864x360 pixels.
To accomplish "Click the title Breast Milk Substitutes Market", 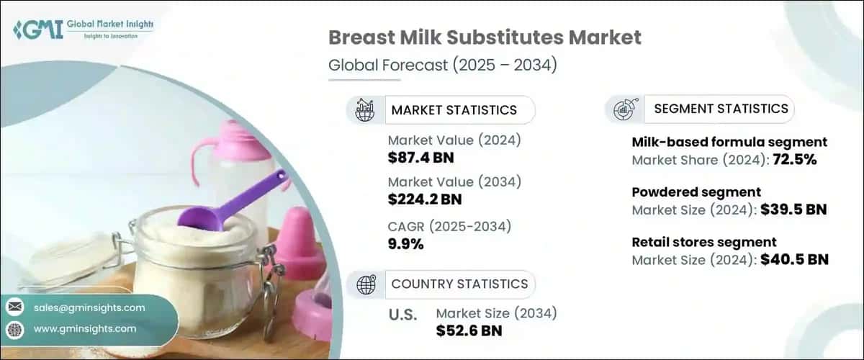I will click(485, 38).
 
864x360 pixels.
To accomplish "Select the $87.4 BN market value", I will click(420, 158).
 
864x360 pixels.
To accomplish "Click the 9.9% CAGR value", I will click(405, 244).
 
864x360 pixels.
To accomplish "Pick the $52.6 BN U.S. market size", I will click(469, 330).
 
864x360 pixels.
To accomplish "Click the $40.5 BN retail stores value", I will click(794, 259).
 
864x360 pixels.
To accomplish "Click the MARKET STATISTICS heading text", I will click(454, 110).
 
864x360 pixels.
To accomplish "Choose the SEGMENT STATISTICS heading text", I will click(721, 109).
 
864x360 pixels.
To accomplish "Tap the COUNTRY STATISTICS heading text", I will click(459, 284).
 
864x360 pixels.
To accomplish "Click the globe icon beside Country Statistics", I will click(366, 285).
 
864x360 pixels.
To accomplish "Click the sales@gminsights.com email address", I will click(89, 307).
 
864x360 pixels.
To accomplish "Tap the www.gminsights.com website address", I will click(85, 328).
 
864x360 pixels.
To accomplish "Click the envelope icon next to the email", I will click(14, 307).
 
